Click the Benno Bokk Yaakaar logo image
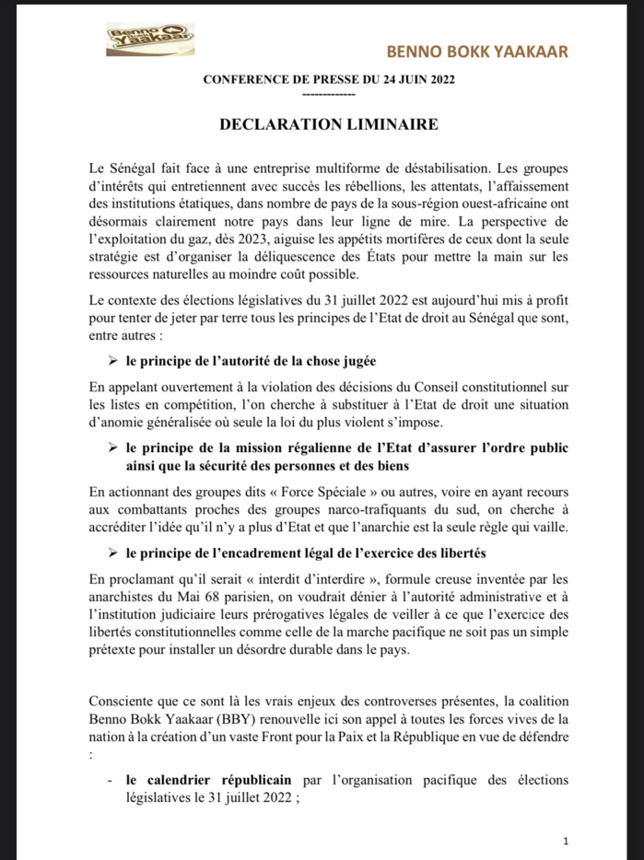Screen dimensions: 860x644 136,40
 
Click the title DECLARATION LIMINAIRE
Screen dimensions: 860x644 329,123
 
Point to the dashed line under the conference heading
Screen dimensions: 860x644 329,94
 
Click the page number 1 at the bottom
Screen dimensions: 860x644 566,841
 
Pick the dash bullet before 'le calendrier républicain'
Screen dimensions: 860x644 111,780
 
